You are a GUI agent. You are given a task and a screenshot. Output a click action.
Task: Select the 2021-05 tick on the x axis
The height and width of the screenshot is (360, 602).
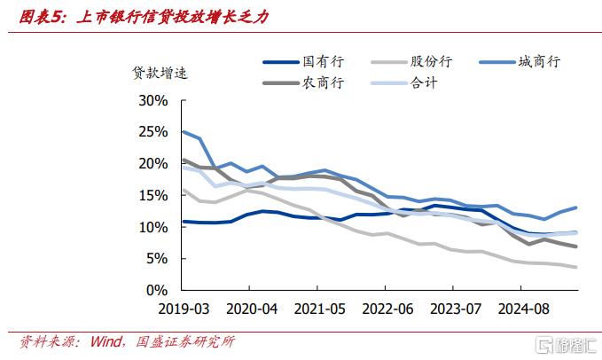(317, 309)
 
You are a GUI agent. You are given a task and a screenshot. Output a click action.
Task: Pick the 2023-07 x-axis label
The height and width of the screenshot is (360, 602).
(453, 309)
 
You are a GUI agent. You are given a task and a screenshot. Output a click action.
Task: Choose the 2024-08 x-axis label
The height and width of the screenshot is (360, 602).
(521, 309)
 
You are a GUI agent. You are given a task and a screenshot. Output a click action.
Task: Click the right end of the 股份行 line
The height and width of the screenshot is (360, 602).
(576, 267)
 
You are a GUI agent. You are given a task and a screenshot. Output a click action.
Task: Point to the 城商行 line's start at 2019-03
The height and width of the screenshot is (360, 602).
(182, 131)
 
